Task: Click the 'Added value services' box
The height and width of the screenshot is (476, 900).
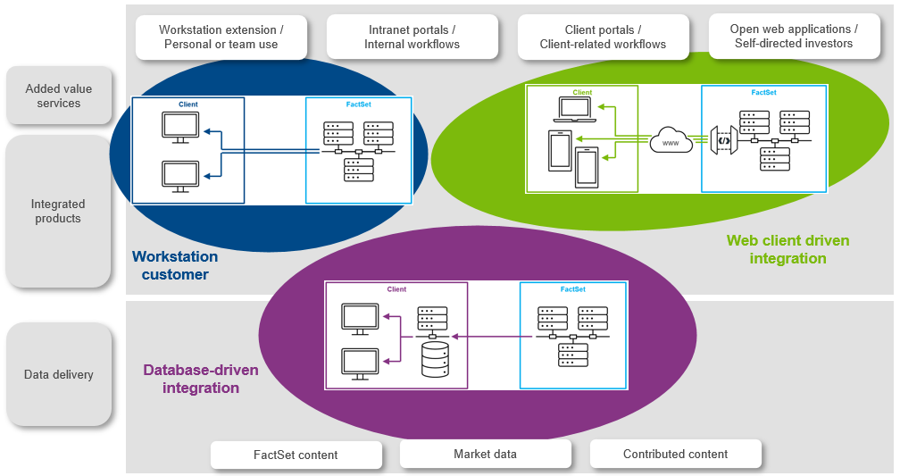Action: point(59,96)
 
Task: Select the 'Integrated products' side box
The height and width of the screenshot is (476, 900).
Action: point(58,212)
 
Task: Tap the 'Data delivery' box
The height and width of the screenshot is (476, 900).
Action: point(59,374)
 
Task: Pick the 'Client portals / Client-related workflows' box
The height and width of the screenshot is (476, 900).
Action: point(603,37)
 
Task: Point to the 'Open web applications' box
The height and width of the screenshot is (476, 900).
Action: point(793,37)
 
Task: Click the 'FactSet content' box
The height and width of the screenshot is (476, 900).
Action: point(296,455)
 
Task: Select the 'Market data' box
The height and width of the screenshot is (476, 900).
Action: point(485,454)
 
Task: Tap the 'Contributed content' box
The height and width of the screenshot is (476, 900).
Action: point(675,454)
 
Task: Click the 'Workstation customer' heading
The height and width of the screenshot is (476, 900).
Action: point(175,265)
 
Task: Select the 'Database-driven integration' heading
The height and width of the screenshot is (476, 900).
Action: point(201,379)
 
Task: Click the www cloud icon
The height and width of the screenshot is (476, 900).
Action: point(671,141)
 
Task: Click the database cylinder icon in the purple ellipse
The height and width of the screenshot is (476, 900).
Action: point(434,360)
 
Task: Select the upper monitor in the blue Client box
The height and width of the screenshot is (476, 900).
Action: point(180,127)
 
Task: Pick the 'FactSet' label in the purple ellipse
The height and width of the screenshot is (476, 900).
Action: point(573,289)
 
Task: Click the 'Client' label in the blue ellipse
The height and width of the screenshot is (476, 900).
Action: point(188,104)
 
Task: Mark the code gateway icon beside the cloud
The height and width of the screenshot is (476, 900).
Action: point(724,140)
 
